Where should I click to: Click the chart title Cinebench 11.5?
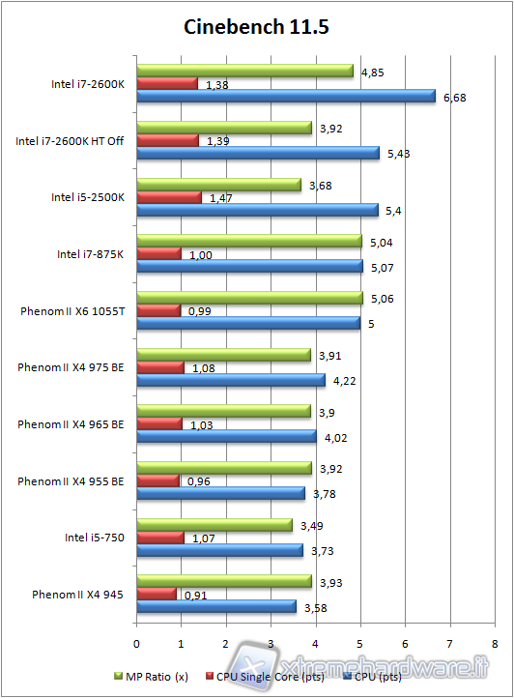(x=257, y=26)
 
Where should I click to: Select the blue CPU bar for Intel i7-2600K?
(x=286, y=96)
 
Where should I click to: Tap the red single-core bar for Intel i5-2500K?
(x=169, y=197)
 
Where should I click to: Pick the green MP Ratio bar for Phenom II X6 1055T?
(x=249, y=298)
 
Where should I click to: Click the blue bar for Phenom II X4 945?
(x=216, y=607)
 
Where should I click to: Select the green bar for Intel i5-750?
(x=214, y=525)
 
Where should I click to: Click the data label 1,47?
(x=221, y=197)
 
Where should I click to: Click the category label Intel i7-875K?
(x=90, y=254)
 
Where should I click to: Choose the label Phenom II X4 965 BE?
(x=71, y=424)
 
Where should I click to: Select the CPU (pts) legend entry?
(x=395, y=675)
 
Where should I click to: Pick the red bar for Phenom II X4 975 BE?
(x=160, y=367)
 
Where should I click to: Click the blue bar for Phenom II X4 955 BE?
(x=221, y=494)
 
